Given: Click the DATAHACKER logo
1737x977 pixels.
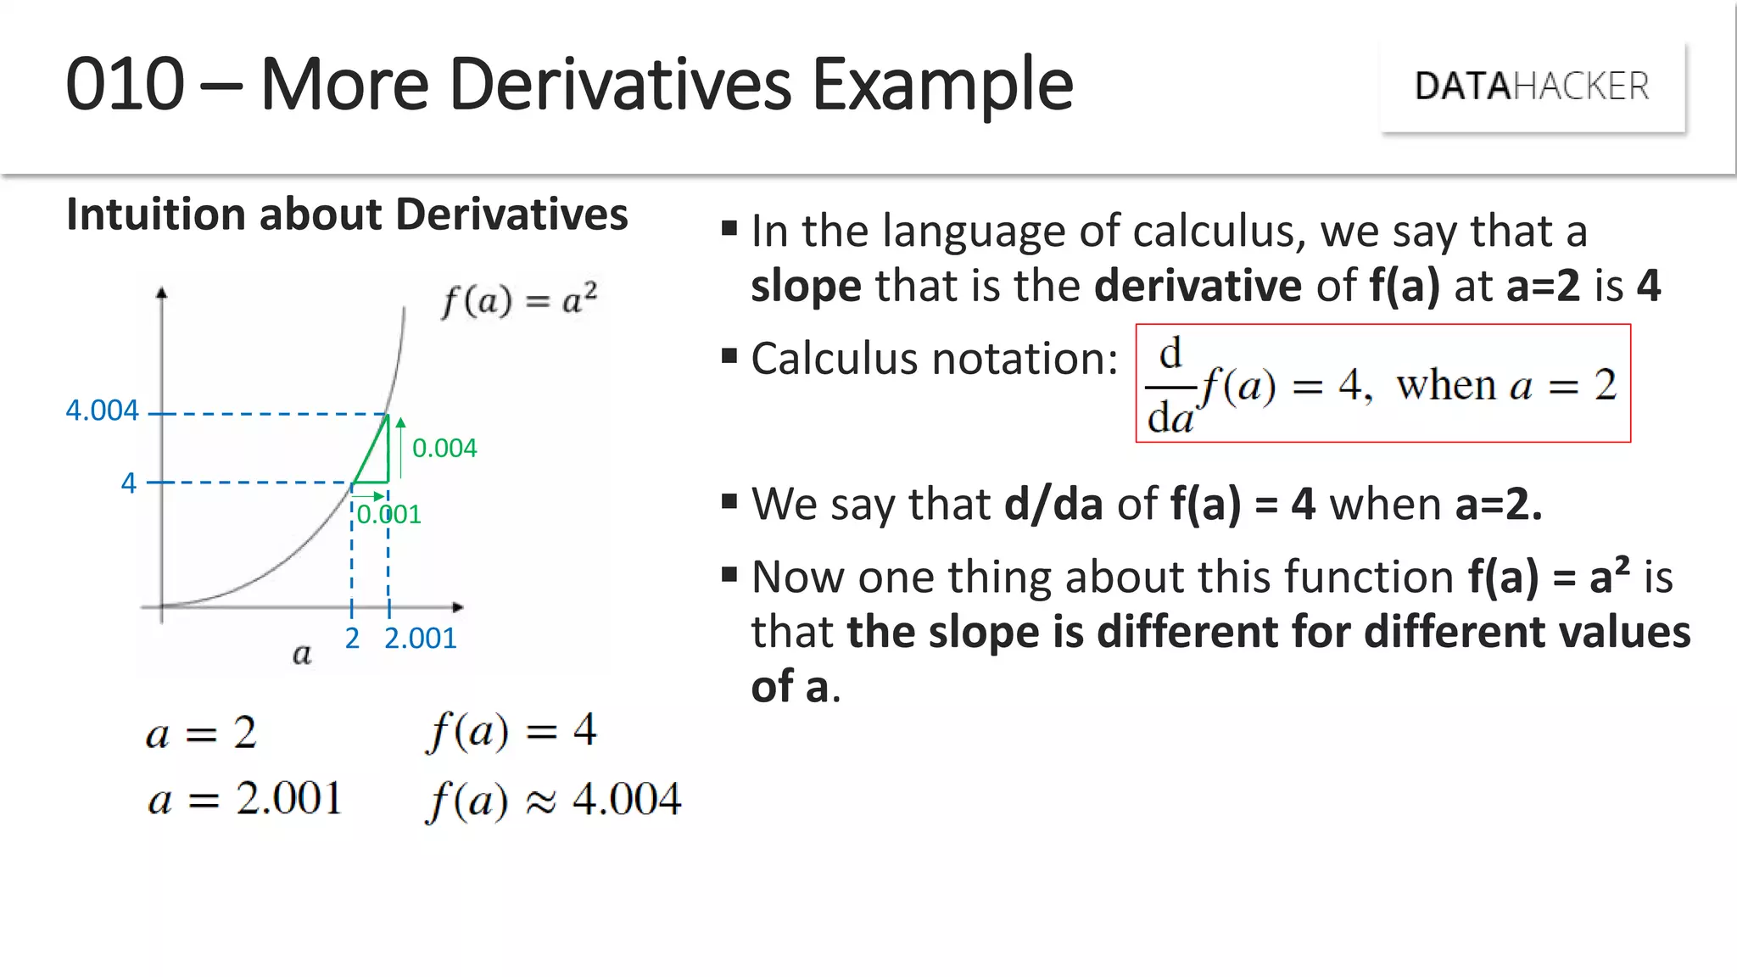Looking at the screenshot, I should pos(1532,87).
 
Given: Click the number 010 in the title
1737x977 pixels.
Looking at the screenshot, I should pos(125,84).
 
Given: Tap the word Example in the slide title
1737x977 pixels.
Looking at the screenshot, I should pos(942,85).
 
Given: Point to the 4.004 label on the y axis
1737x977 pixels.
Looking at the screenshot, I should pos(102,410).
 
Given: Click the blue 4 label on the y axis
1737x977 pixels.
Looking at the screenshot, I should pos(128,483).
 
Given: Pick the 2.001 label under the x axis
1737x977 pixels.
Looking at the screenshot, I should pos(420,638).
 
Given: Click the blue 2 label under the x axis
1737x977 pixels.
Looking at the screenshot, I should pos(352,638).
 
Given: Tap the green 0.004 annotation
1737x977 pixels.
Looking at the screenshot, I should pos(444,448).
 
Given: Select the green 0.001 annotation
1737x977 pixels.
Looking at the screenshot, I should pos(388,514).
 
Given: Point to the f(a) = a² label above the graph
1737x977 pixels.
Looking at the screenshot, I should pos(519,300).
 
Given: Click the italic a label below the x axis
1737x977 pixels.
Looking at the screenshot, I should pos(302,654).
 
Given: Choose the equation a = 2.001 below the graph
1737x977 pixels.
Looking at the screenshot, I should pos(244,799).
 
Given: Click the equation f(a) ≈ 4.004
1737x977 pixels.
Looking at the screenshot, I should pos(553,800).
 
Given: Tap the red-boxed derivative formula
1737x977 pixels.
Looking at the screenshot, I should pos(1382,383).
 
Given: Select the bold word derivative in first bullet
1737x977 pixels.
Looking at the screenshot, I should pos(1198,285).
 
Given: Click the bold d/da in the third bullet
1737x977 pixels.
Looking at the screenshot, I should pos(1053,504).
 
